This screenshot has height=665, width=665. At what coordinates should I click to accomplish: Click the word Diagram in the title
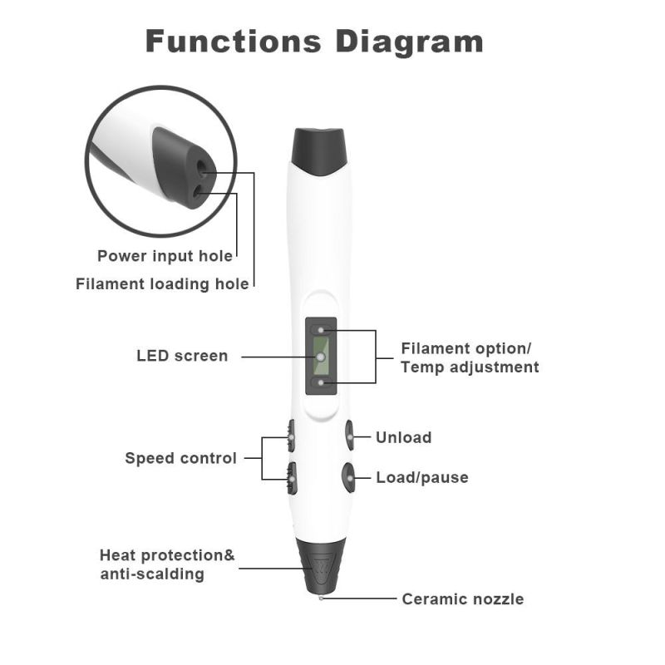pos(412,41)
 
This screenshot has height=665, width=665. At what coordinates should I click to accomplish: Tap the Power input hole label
pos(165,256)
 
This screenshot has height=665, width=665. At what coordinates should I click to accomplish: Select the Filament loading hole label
pos(162,284)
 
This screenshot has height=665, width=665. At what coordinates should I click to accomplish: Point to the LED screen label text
pos(182,356)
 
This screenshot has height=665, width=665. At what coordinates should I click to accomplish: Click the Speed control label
pos(180,458)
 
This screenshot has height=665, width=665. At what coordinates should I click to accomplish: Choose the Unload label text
pos(403,437)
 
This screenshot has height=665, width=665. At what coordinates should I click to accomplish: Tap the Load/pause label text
pos(421,478)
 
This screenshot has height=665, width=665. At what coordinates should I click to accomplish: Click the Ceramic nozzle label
pos(462,599)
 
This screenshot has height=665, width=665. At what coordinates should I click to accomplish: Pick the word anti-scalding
pos(152,574)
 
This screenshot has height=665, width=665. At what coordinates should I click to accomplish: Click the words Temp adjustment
pos(470,367)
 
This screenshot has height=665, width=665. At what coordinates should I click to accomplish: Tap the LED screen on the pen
pos(319,357)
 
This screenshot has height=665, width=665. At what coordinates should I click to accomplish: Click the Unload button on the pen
pos(349,435)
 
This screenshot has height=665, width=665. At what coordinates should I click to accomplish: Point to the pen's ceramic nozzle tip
pos(320,596)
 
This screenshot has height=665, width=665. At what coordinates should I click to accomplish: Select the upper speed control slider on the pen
pos(290,433)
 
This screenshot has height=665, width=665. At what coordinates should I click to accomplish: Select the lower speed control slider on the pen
pos(290,476)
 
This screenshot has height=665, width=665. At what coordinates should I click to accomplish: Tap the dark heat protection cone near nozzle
pos(320,561)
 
